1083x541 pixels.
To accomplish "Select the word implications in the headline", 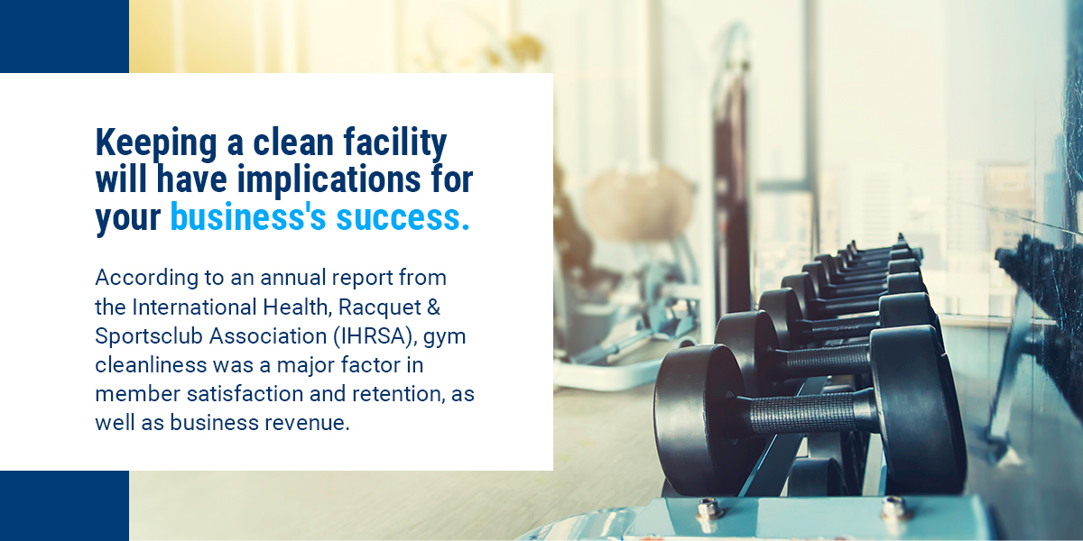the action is click(x=329, y=179).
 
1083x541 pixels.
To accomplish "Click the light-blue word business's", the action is click(x=248, y=217).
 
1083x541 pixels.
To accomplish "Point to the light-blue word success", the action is click(x=403, y=218).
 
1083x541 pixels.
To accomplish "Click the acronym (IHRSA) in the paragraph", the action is click(x=375, y=336).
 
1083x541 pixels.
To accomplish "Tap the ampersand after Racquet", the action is click(x=434, y=307).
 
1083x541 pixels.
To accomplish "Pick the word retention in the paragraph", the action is click(x=398, y=394).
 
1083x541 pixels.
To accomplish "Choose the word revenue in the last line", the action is click(x=307, y=423).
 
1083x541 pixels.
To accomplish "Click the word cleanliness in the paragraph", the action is click(x=151, y=365).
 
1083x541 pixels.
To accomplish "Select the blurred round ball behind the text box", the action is click(x=638, y=204).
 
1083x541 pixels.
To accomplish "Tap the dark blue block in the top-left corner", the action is click(x=64, y=36).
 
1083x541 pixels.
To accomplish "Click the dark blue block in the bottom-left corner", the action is click(x=64, y=506).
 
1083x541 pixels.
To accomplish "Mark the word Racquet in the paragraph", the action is click(x=380, y=307).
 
